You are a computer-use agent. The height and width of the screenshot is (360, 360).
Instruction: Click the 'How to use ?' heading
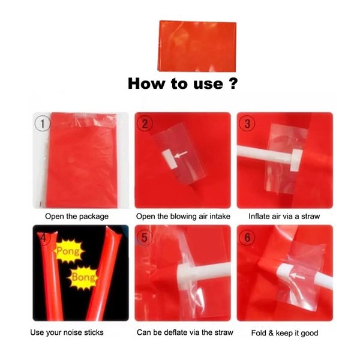(183, 83)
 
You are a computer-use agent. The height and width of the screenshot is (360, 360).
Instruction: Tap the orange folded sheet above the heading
(197, 46)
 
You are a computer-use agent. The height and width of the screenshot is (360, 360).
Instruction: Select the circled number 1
(43, 124)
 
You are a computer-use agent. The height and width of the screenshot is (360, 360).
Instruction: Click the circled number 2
(145, 124)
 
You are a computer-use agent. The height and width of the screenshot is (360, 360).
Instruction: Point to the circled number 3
(247, 124)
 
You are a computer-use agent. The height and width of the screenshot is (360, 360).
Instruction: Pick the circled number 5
(145, 237)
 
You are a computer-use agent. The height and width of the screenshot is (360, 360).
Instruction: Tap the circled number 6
(247, 237)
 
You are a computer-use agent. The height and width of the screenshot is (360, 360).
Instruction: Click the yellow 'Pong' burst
(68, 251)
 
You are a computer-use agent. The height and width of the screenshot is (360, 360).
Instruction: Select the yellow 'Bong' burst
(83, 277)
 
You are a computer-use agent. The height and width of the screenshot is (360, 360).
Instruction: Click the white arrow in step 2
(181, 154)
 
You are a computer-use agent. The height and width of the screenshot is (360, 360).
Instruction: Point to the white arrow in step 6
(298, 276)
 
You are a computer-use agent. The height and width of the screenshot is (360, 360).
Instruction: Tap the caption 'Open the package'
(77, 217)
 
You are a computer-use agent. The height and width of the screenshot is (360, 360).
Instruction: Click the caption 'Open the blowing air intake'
(183, 217)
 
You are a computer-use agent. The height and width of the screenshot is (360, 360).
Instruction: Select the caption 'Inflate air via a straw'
(284, 217)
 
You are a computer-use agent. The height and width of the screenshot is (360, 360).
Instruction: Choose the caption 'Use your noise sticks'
(67, 332)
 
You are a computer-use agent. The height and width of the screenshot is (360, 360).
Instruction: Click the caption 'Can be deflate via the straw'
(185, 332)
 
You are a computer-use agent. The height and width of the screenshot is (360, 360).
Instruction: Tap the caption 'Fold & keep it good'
(284, 333)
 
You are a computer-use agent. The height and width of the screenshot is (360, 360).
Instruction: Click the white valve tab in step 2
(170, 159)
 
